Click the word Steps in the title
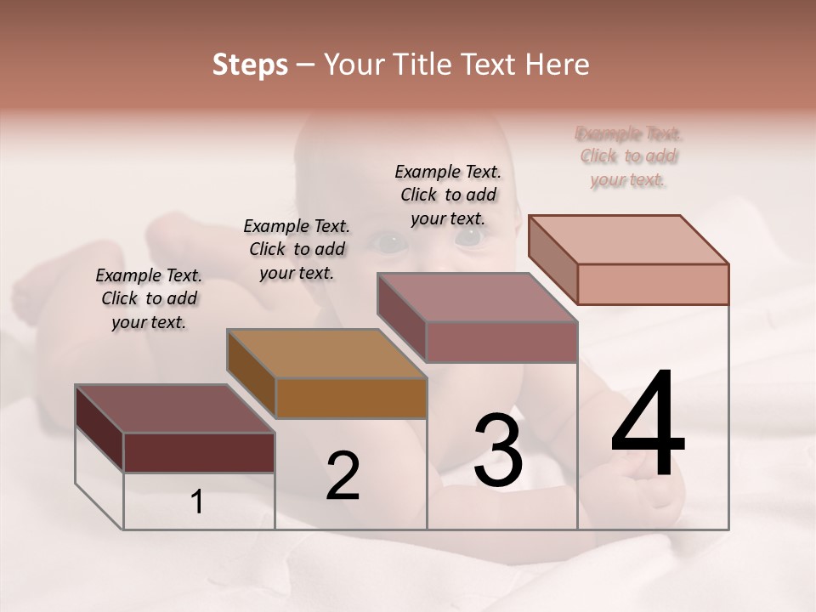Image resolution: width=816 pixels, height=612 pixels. [250, 65]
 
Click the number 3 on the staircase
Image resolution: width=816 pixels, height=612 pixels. [498, 450]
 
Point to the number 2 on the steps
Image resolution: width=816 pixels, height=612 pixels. [343, 476]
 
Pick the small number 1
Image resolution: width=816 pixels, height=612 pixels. [197, 502]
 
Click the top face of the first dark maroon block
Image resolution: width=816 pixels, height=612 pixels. [174, 409]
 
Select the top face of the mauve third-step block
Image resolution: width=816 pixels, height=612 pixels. [477, 297]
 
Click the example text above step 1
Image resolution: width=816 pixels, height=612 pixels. [149, 298]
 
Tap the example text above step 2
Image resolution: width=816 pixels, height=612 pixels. [297, 249]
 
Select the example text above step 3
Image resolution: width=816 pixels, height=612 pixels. [448, 195]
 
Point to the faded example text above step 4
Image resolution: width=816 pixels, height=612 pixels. [629, 156]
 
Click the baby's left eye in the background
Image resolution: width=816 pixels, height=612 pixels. [468, 238]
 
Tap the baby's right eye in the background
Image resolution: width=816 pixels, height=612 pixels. [389, 244]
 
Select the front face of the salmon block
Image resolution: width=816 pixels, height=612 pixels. [653, 284]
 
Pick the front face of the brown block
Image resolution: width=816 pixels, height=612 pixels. [351, 398]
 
